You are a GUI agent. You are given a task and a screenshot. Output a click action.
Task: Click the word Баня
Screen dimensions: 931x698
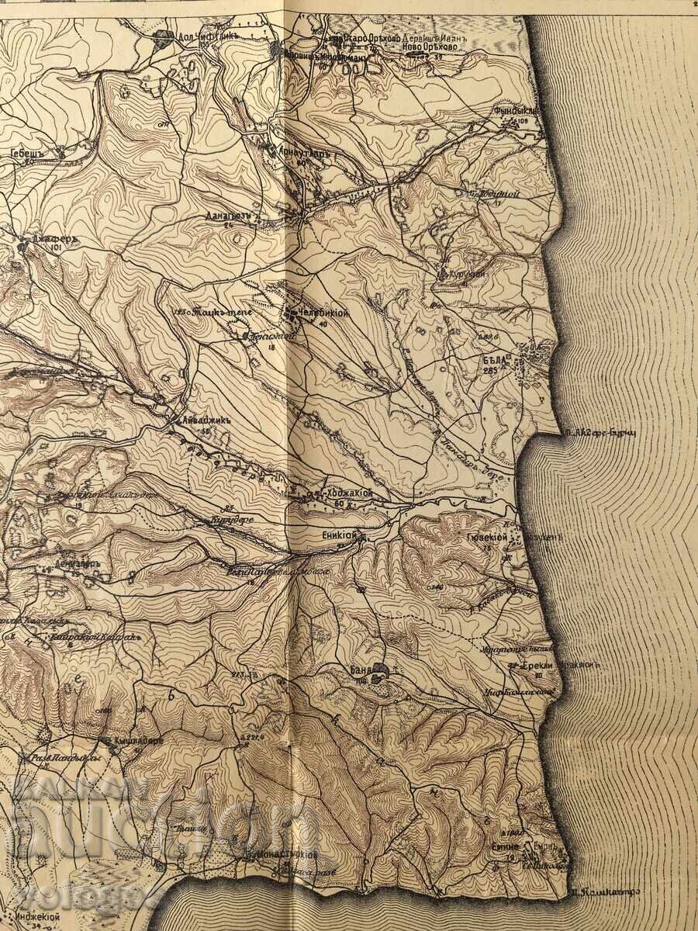pos(355,669)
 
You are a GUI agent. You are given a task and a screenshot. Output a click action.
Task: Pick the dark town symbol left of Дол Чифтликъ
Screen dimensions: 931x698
pos(164,36)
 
